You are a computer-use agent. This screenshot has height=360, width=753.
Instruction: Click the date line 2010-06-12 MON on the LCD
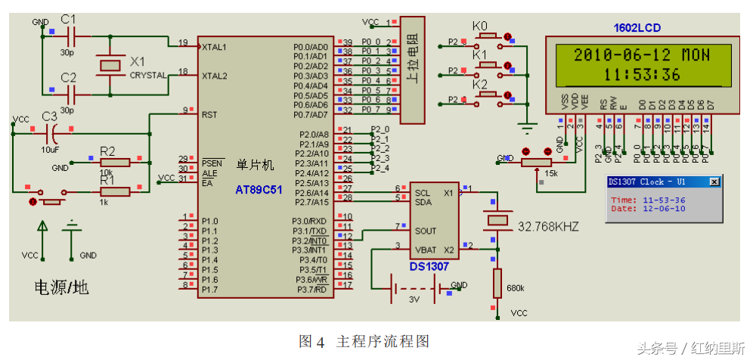tap(642, 54)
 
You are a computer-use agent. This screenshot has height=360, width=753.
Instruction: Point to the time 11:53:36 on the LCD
tap(642, 74)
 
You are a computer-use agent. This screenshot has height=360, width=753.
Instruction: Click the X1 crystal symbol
tap(111, 66)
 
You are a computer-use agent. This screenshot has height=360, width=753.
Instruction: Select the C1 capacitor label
tap(68, 18)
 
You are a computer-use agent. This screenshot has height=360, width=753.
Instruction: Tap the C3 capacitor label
tap(49, 116)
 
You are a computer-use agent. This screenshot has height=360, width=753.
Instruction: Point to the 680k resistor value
tap(516, 288)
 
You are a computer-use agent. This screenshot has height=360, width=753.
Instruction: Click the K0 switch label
tap(480, 26)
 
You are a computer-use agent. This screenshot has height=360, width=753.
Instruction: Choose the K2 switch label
tap(480, 85)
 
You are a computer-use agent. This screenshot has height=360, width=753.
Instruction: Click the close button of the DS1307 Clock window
tap(714, 182)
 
